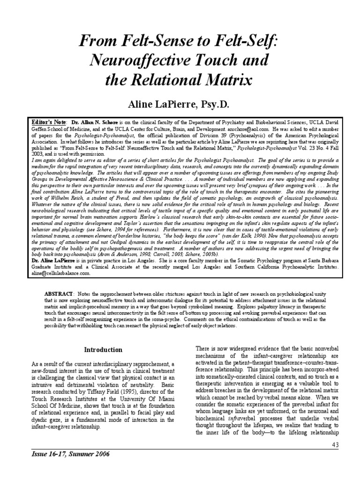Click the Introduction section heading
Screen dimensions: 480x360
[103, 350]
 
